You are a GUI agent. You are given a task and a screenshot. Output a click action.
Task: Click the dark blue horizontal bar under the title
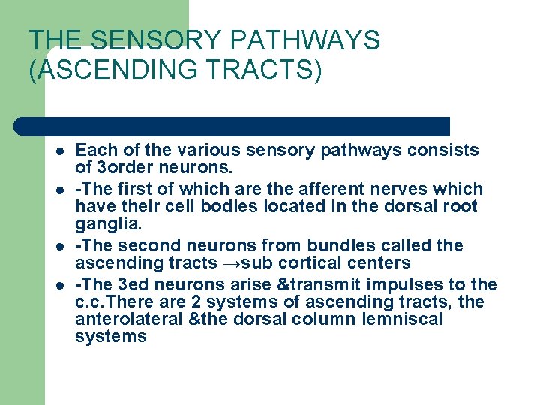(232, 126)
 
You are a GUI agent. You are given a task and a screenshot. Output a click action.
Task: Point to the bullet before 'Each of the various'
(58, 151)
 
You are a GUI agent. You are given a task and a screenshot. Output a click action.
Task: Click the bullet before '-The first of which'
(58, 190)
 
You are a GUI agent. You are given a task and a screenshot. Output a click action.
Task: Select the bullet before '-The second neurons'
(58, 247)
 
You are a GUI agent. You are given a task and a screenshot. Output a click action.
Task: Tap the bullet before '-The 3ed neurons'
(58, 285)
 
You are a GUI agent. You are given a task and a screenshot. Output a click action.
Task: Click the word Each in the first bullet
(93, 150)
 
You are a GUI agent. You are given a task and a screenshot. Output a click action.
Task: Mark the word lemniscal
(403, 319)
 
